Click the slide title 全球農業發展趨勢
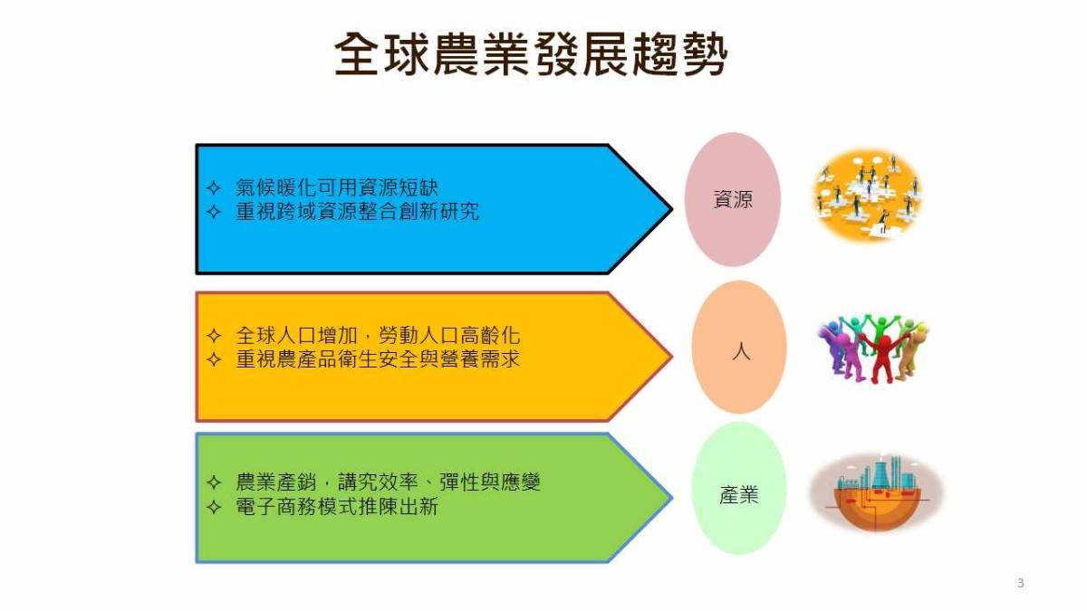531,54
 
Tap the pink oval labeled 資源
733,199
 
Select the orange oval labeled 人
739,348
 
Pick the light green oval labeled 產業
739,488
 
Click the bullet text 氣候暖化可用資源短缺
337,187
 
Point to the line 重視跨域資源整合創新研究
357,212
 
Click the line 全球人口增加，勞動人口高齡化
378,335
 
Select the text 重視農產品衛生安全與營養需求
378,359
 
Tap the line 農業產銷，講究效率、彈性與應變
388,482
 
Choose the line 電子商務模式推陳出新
337,507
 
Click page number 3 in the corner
1021,583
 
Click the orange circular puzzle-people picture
868,195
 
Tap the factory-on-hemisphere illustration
877,492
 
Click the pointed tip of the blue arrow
672,209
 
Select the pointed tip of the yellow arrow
672,357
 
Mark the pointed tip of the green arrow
672,498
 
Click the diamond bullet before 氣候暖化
214,187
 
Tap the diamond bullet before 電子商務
214,507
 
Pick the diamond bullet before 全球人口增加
214,336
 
